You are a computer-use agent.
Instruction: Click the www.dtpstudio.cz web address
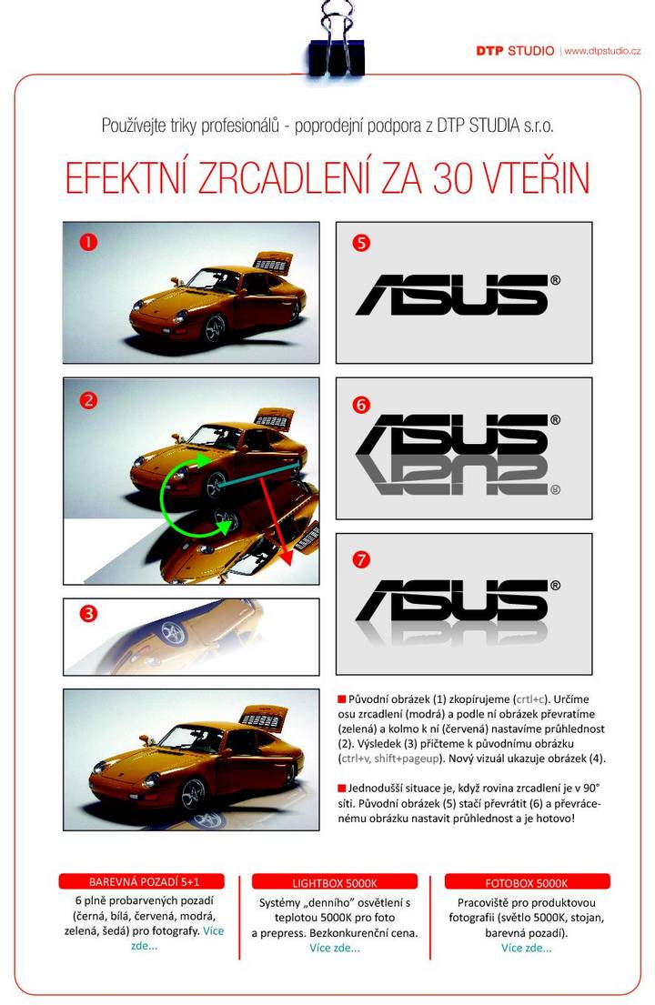coord(602,51)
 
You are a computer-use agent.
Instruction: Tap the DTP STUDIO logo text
coord(515,51)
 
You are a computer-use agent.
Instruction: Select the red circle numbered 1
coord(88,242)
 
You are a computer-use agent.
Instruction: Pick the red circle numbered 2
coord(88,400)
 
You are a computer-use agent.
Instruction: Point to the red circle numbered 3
coord(88,613)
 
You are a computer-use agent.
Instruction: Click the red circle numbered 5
coord(361,243)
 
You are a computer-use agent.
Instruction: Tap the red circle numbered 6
coord(361,405)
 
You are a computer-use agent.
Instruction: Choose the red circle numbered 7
coord(361,559)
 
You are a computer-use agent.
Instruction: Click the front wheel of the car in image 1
coord(215,328)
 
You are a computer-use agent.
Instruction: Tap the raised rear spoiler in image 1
coord(273,263)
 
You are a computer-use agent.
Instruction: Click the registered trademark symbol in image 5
coord(555,280)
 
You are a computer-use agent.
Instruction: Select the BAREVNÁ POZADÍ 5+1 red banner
coord(142,881)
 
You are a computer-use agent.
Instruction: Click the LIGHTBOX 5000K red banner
coord(335,882)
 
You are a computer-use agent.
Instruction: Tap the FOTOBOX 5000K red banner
coord(527,882)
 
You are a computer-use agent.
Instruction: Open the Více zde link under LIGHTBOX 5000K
coord(335,948)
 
